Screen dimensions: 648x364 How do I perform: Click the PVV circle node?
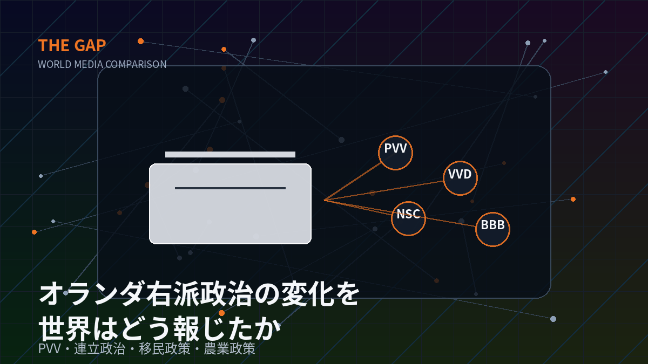[x=395, y=153]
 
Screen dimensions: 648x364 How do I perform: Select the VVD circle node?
[x=460, y=178]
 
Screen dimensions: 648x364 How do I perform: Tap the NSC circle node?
[x=408, y=219]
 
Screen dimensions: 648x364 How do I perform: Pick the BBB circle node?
[x=492, y=229]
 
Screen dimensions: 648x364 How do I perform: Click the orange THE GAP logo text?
[x=72, y=46]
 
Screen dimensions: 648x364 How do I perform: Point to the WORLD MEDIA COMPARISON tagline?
[x=102, y=64]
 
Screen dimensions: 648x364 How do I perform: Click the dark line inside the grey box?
[x=230, y=188]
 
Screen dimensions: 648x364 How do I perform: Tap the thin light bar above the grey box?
[x=230, y=154]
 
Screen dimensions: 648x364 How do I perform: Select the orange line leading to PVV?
[x=353, y=181]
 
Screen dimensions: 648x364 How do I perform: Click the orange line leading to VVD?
[x=384, y=190]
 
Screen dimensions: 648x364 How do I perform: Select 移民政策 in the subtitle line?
[x=165, y=348]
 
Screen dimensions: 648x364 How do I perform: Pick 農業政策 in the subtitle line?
[x=230, y=348]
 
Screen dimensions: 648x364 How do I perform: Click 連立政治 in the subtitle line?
[x=100, y=348]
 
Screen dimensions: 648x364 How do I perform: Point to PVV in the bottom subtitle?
[x=50, y=349]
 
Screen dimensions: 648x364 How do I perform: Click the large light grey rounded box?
[x=230, y=204]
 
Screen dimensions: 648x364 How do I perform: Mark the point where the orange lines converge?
[x=325, y=200]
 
